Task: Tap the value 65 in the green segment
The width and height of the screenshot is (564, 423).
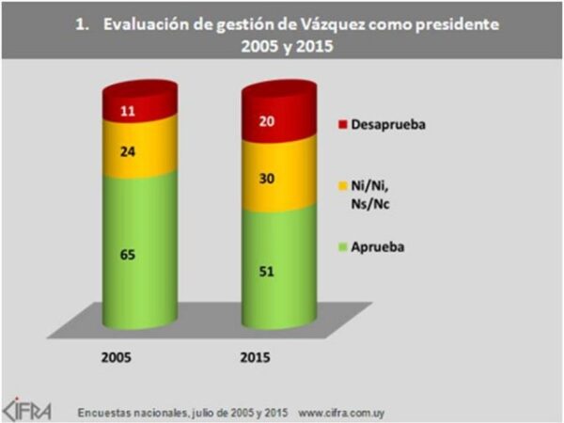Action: point(138,254)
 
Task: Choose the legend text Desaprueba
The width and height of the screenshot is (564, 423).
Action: point(388,124)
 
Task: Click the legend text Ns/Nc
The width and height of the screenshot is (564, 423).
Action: point(373,202)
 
